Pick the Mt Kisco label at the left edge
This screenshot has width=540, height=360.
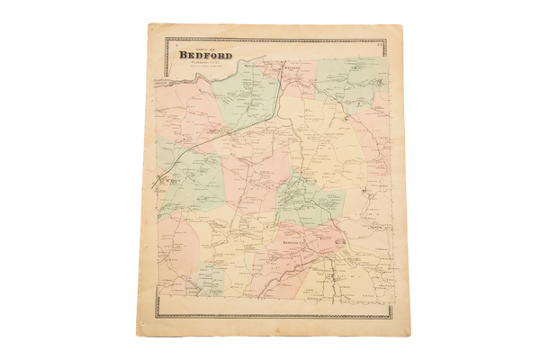pos(165,179)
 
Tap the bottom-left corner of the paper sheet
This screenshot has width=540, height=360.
pos(144,335)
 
